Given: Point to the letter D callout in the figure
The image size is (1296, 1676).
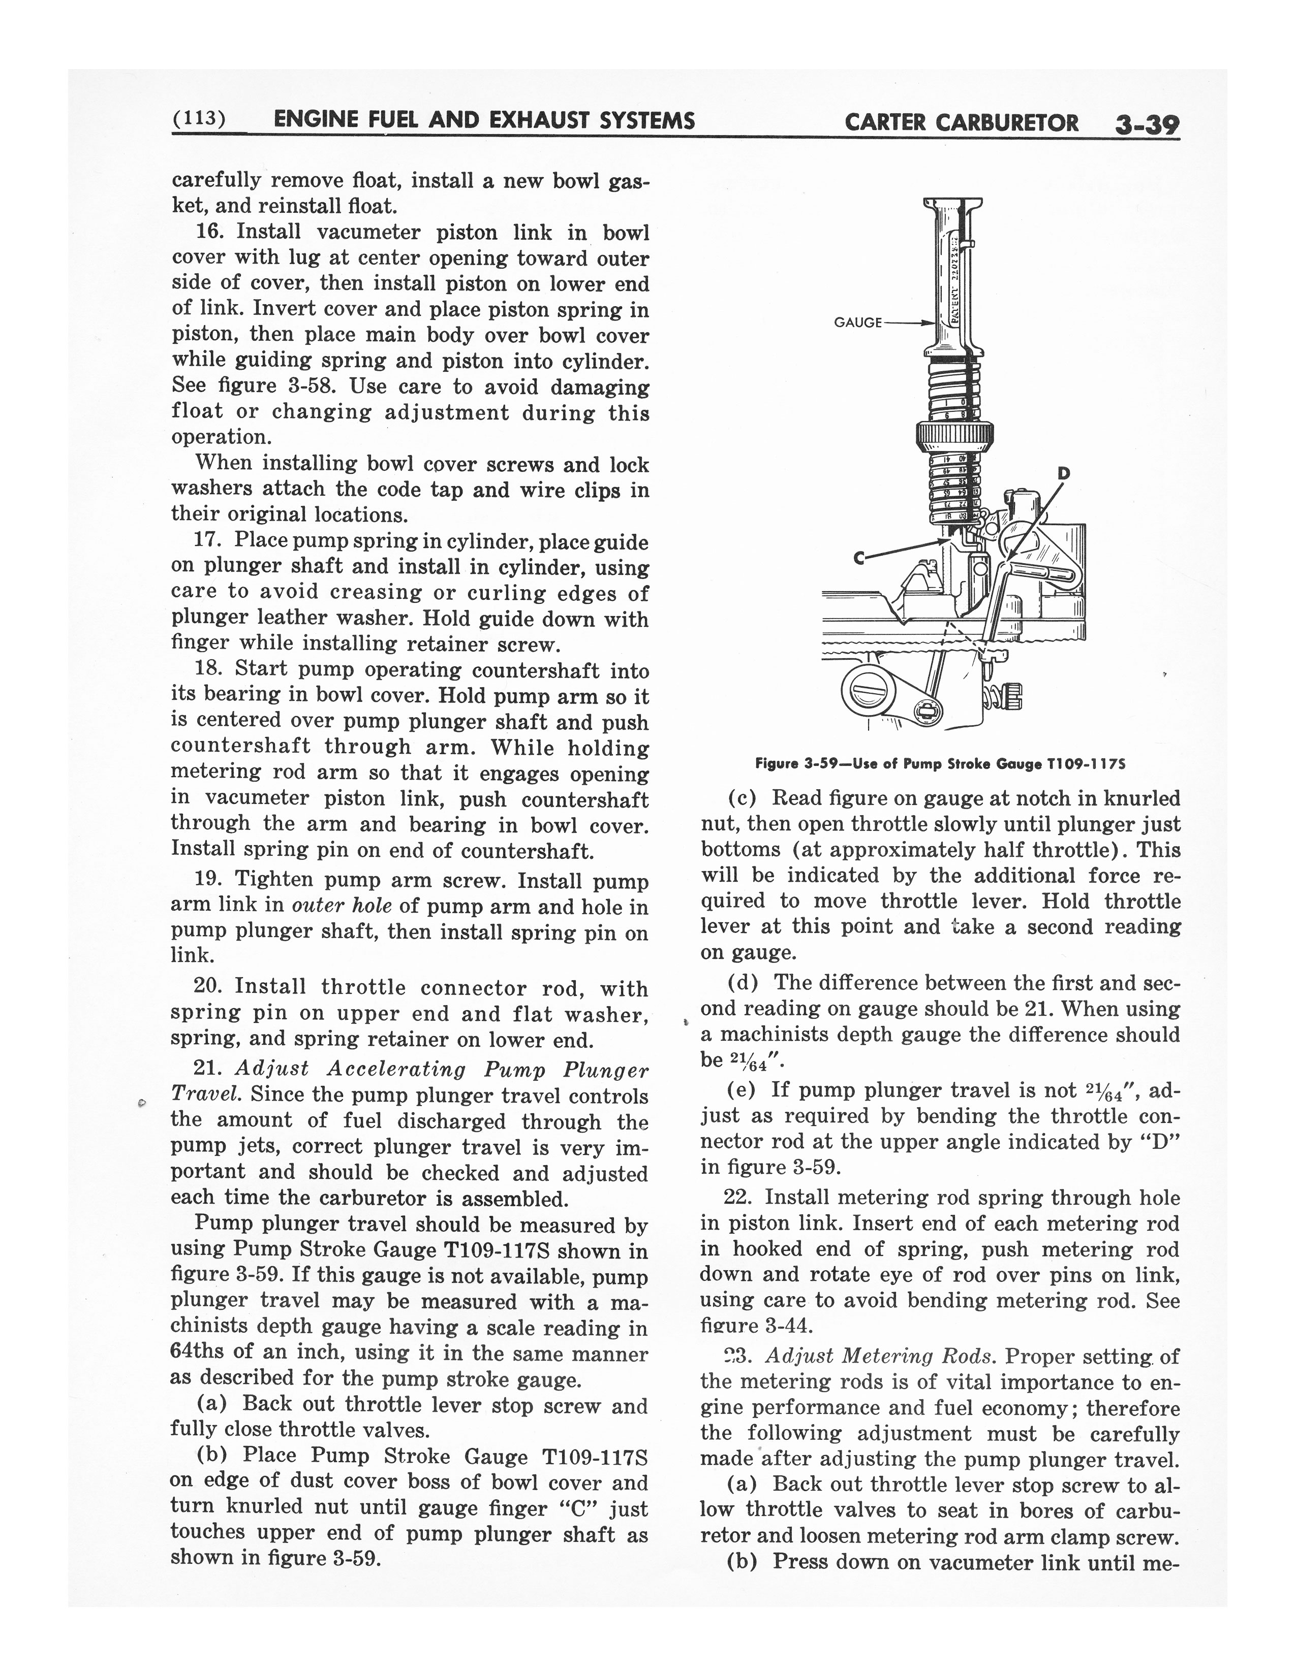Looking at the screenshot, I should (x=1064, y=473).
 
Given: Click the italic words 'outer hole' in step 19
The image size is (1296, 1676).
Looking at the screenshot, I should (x=342, y=906).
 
